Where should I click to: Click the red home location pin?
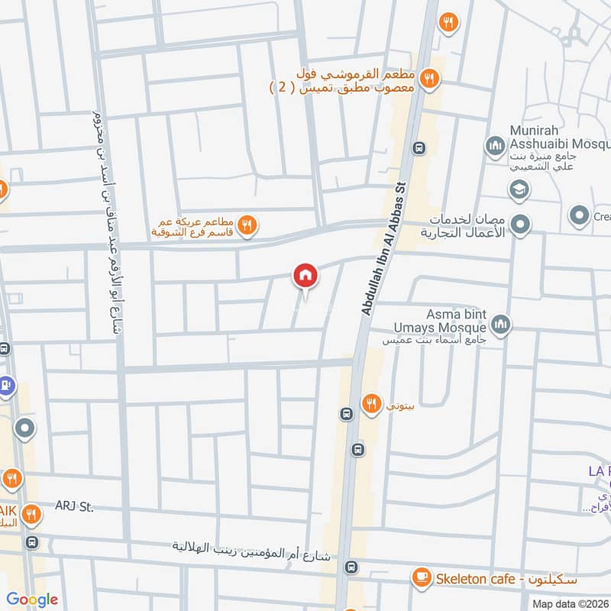click(305, 275)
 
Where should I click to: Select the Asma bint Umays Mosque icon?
click(501, 325)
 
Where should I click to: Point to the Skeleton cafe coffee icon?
click(420, 578)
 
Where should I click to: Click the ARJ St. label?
click(73, 506)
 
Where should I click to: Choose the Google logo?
click(32, 600)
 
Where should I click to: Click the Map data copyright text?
click(571, 604)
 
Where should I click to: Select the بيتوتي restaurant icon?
click(372, 403)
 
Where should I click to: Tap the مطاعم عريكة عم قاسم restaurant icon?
click(247, 225)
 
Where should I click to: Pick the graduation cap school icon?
click(518, 188)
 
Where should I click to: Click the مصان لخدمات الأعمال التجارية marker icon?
click(522, 225)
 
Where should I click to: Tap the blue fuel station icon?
click(5, 384)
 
